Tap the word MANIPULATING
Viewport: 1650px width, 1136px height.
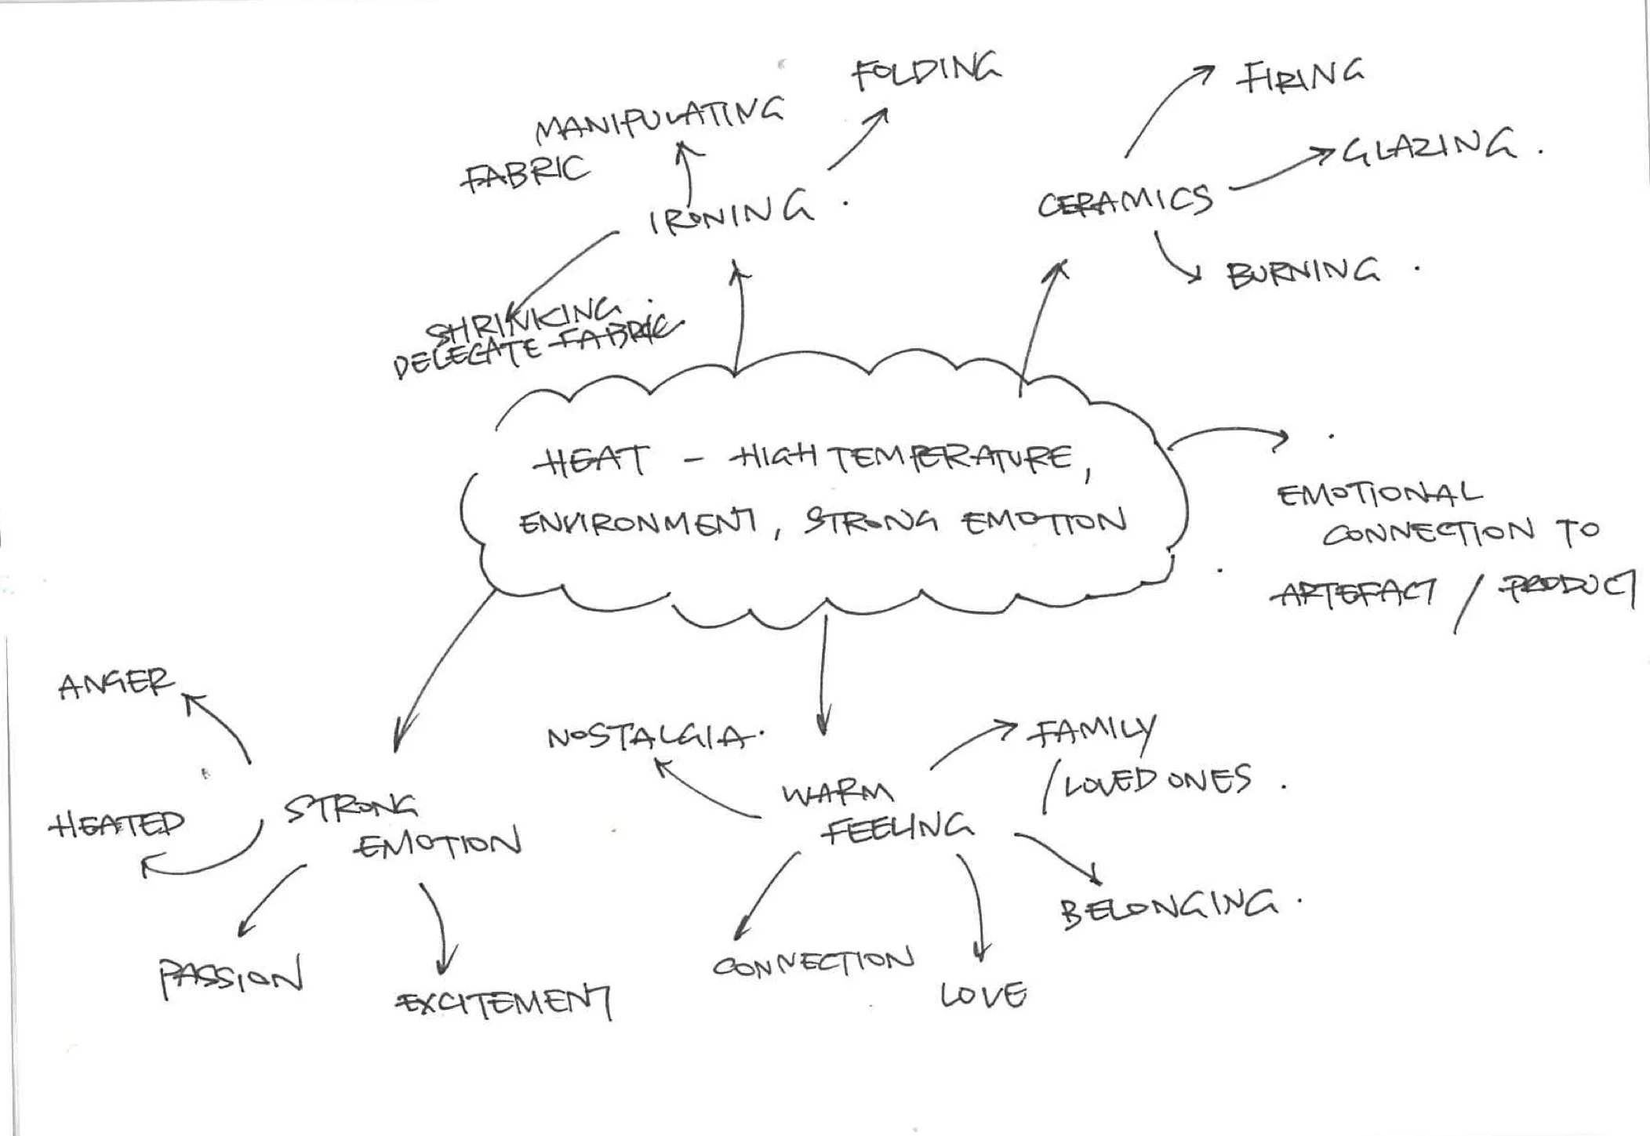660,122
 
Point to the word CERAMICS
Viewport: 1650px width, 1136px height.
1125,202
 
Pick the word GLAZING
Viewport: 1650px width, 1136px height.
1429,147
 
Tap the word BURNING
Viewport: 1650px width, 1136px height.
1303,274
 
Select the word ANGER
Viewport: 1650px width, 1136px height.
115,684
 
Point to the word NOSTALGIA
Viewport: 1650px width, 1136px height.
651,737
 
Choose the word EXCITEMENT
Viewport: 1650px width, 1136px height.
506,1004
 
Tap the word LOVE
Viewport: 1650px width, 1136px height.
983,995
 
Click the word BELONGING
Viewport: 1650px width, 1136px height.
1168,907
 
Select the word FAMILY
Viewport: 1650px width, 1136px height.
1093,733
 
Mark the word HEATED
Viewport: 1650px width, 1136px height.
118,824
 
